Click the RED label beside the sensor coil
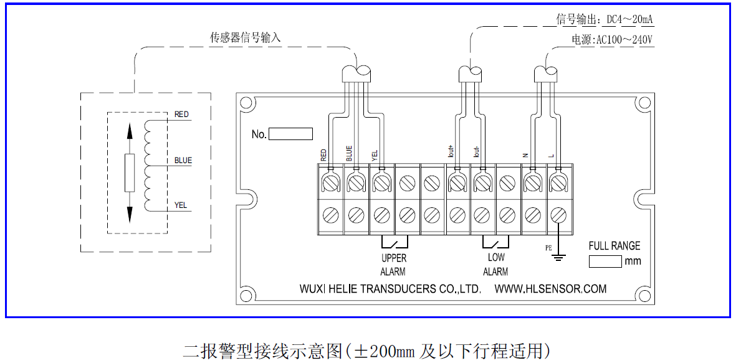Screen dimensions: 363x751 click(x=181, y=114)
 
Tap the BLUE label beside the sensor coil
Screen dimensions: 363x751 click(x=183, y=161)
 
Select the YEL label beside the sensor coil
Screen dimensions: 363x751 click(x=181, y=205)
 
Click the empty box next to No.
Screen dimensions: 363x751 click(x=290, y=134)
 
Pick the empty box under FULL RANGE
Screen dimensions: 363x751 click(x=605, y=261)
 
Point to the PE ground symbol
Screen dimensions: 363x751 click(x=558, y=253)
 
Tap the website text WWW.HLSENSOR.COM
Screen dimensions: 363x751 click(x=550, y=290)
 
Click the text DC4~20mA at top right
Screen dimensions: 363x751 click(x=629, y=20)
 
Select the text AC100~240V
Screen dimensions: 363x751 click(x=624, y=40)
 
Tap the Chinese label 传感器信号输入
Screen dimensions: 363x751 click(x=246, y=38)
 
